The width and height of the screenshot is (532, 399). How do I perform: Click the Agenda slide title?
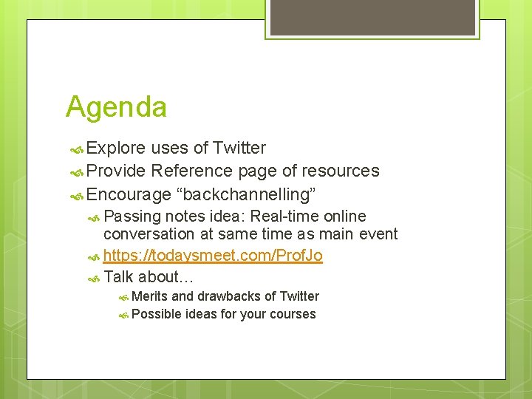[x=116, y=107]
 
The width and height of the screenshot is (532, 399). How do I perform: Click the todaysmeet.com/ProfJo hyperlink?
[x=213, y=256]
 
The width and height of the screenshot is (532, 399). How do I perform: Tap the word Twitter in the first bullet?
[x=239, y=148]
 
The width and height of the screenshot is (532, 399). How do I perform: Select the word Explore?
[x=116, y=148]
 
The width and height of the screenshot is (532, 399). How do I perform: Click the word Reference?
[x=191, y=171]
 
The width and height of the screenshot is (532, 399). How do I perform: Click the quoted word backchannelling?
[x=249, y=195]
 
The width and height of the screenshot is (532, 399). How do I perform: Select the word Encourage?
[x=129, y=195]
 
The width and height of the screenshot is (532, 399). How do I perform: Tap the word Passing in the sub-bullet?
[x=132, y=216]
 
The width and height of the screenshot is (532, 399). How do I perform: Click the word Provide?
[x=116, y=171]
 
